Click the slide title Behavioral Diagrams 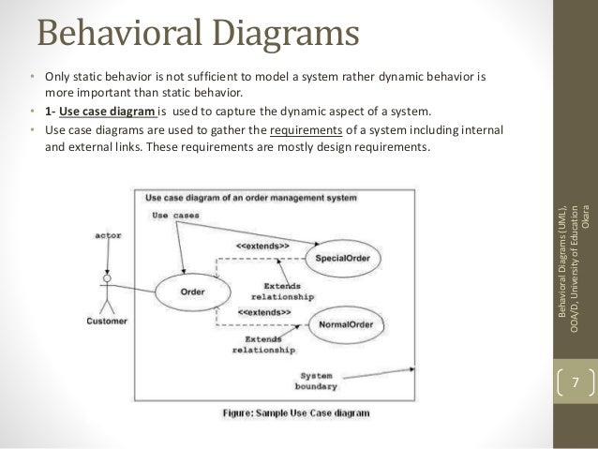[x=198, y=35]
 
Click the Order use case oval [x=191, y=292]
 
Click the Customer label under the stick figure [x=108, y=321]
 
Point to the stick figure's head [x=108, y=278]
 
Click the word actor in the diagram [x=112, y=235]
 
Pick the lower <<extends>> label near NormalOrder [x=263, y=310]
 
